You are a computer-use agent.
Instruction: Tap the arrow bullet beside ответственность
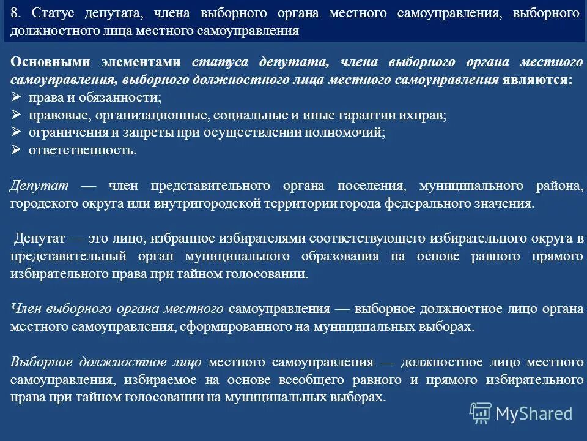click(17, 150)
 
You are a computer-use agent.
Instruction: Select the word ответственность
click(82, 150)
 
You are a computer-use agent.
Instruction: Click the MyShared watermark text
click(534, 413)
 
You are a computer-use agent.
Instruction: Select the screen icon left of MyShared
click(481, 413)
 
